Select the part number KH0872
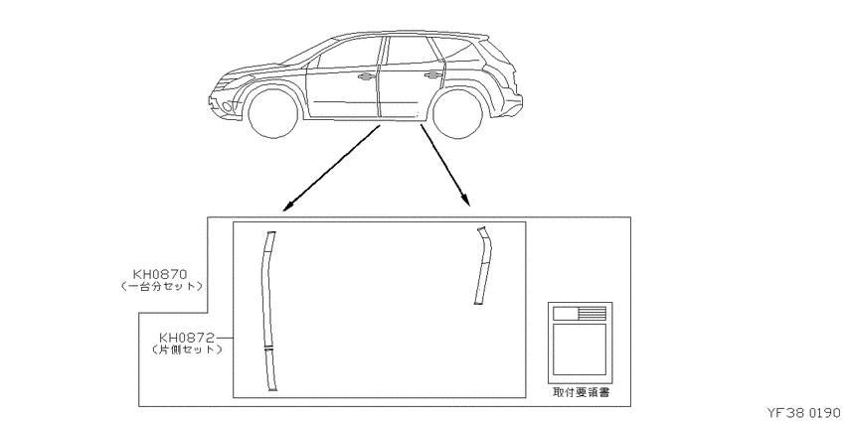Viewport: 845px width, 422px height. (x=186, y=338)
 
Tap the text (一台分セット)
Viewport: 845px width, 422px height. (x=162, y=286)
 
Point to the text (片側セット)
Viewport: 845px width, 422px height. (x=188, y=350)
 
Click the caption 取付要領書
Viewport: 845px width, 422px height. (x=581, y=392)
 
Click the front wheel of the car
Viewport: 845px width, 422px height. (x=273, y=113)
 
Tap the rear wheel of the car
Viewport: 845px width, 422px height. (x=457, y=113)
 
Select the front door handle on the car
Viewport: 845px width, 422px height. (x=366, y=77)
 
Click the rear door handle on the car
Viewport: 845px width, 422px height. (x=432, y=75)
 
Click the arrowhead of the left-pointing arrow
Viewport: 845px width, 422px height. (x=287, y=208)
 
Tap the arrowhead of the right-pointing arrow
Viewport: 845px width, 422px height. (x=466, y=201)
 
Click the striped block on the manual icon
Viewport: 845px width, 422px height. (x=592, y=313)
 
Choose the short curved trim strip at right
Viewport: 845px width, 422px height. (x=484, y=265)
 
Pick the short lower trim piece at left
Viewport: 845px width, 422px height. (x=271, y=369)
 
